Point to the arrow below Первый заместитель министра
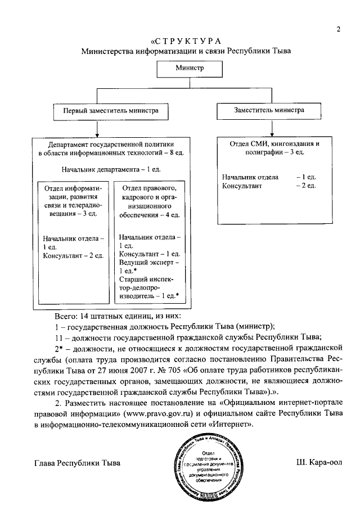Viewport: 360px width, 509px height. tap(98, 128)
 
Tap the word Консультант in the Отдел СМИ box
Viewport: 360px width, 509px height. tap(242, 186)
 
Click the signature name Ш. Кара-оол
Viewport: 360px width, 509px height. tap(318, 463)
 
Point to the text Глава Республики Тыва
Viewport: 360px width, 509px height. tap(77, 463)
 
